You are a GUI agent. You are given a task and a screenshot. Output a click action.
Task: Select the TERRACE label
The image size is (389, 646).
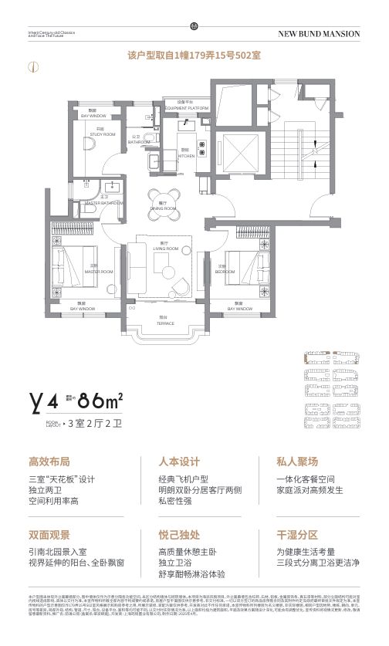(x=165, y=322)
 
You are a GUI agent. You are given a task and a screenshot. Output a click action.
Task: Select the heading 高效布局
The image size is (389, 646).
(x=49, y=462)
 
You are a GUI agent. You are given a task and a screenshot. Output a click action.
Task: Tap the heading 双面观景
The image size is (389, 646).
(x=49, y=534)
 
